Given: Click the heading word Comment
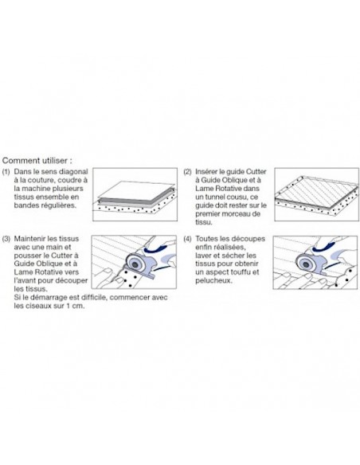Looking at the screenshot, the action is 20,160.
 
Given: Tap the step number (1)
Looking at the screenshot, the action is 6,172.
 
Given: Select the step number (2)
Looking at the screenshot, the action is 187,172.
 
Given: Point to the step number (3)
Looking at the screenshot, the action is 6,239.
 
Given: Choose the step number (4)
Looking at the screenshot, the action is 187,239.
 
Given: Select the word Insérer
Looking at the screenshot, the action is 206,171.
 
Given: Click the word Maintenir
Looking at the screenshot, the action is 29,239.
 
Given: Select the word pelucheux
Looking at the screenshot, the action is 213,280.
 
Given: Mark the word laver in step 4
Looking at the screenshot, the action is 203,256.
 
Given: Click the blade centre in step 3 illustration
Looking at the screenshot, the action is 135,264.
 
